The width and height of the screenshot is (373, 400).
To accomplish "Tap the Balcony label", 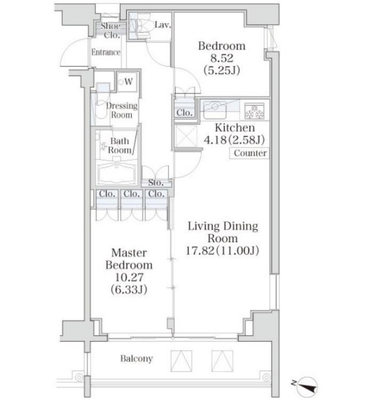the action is coord(136,358).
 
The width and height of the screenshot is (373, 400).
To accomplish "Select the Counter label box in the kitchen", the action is coord(249,153).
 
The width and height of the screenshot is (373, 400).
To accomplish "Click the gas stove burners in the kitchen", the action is coord(254,111).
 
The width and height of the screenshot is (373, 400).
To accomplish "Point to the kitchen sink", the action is coord(215,110).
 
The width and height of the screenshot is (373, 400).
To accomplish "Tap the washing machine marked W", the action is coord(127,82).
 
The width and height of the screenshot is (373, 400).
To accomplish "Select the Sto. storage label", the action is coord(156,183).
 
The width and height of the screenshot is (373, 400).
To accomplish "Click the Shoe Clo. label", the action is coord(110,31).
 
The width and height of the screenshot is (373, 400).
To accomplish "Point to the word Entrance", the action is coord(106,52).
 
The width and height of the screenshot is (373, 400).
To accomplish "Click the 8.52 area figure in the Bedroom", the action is coord(221,58).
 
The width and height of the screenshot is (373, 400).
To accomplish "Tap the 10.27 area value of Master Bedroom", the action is coord(130,277).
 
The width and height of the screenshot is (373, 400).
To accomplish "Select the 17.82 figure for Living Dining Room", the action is coord(200,251).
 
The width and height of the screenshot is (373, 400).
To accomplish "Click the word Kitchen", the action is coord(235,128).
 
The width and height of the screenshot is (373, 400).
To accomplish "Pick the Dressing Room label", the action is coord(121,110).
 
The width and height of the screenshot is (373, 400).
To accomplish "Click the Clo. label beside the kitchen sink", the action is coord(184,113).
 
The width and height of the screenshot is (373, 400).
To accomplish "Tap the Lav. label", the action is coord(163,25).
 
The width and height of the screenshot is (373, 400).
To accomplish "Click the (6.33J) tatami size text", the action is coord(129,290).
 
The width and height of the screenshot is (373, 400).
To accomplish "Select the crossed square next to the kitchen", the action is coord(186,136).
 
